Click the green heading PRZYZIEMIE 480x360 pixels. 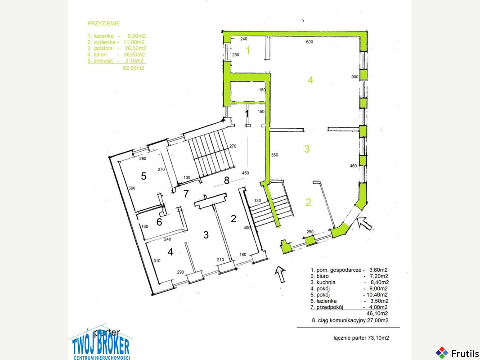click(103, 23)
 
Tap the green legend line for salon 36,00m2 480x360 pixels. click(117, 54)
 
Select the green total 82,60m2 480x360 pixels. click(133, 68)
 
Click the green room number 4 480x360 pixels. click(310, 80)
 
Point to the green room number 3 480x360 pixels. click(307, 149)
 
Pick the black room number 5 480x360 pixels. click(144, 176)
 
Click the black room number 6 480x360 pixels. click(159, 222)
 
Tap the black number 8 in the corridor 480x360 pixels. click(227, 180)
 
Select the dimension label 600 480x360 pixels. click(310, 42)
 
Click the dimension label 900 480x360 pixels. click(355, 77)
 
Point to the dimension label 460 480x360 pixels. click(353, 166)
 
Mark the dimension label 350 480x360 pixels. click(274, 155)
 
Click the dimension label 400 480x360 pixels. click(247, 228)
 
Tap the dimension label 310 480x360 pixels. click(157, 261)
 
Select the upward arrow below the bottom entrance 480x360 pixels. click(280, 274)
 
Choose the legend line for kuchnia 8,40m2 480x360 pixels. click(350, 282)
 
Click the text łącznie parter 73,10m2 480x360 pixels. click(361, 338)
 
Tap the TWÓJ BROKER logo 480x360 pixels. click(101, 343)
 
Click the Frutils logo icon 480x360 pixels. click(442, 353)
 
